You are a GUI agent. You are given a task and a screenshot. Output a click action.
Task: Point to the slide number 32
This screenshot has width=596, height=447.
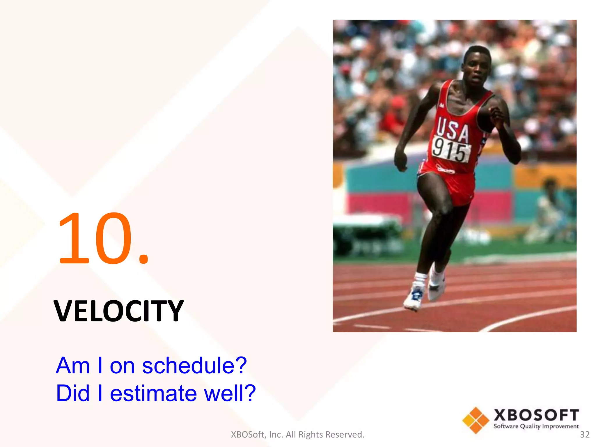585,434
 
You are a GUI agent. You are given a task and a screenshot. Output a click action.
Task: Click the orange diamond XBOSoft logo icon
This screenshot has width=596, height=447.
476,420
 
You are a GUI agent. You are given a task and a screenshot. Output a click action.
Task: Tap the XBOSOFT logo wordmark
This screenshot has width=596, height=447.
536,415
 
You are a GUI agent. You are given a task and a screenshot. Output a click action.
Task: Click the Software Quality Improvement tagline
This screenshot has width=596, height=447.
536,426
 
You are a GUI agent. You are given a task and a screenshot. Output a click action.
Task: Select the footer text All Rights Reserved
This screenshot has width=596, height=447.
325,434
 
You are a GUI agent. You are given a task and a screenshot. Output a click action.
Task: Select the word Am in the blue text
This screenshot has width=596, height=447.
73,366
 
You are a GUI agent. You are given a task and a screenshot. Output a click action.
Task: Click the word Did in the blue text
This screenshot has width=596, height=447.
73,393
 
